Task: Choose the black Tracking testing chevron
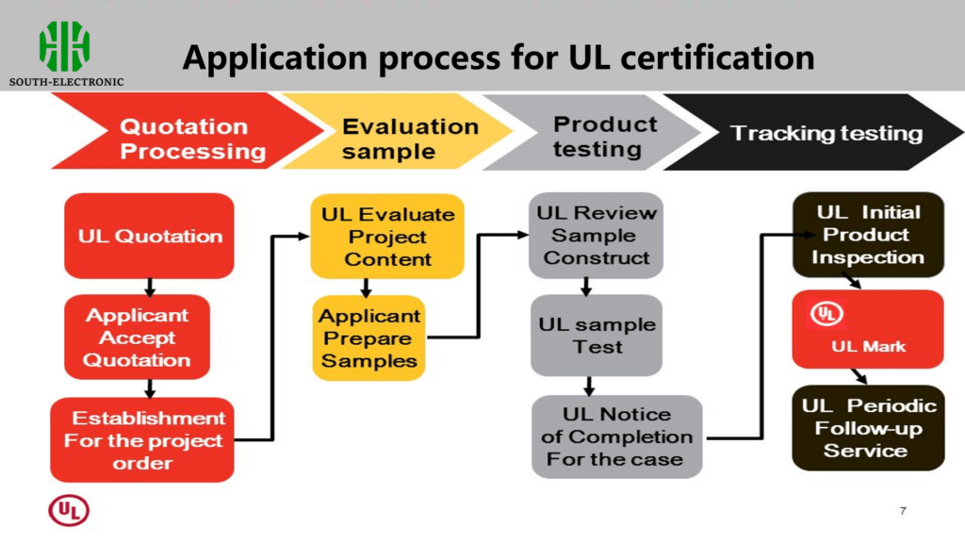pos(820,133)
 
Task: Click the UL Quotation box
pos(149,236)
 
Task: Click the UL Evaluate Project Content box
pos(387,237)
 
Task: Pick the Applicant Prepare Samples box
pos(368,338)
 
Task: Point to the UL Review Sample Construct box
pos(596,236)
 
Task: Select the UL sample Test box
pos(596,336)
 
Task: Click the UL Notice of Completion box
pos(617,436)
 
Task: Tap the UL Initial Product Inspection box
pos(867,235)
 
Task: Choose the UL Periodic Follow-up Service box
pos(867,427)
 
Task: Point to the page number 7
pos(903,511)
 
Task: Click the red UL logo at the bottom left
pos(69,511)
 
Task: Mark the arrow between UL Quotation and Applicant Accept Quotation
pos(149,286)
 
